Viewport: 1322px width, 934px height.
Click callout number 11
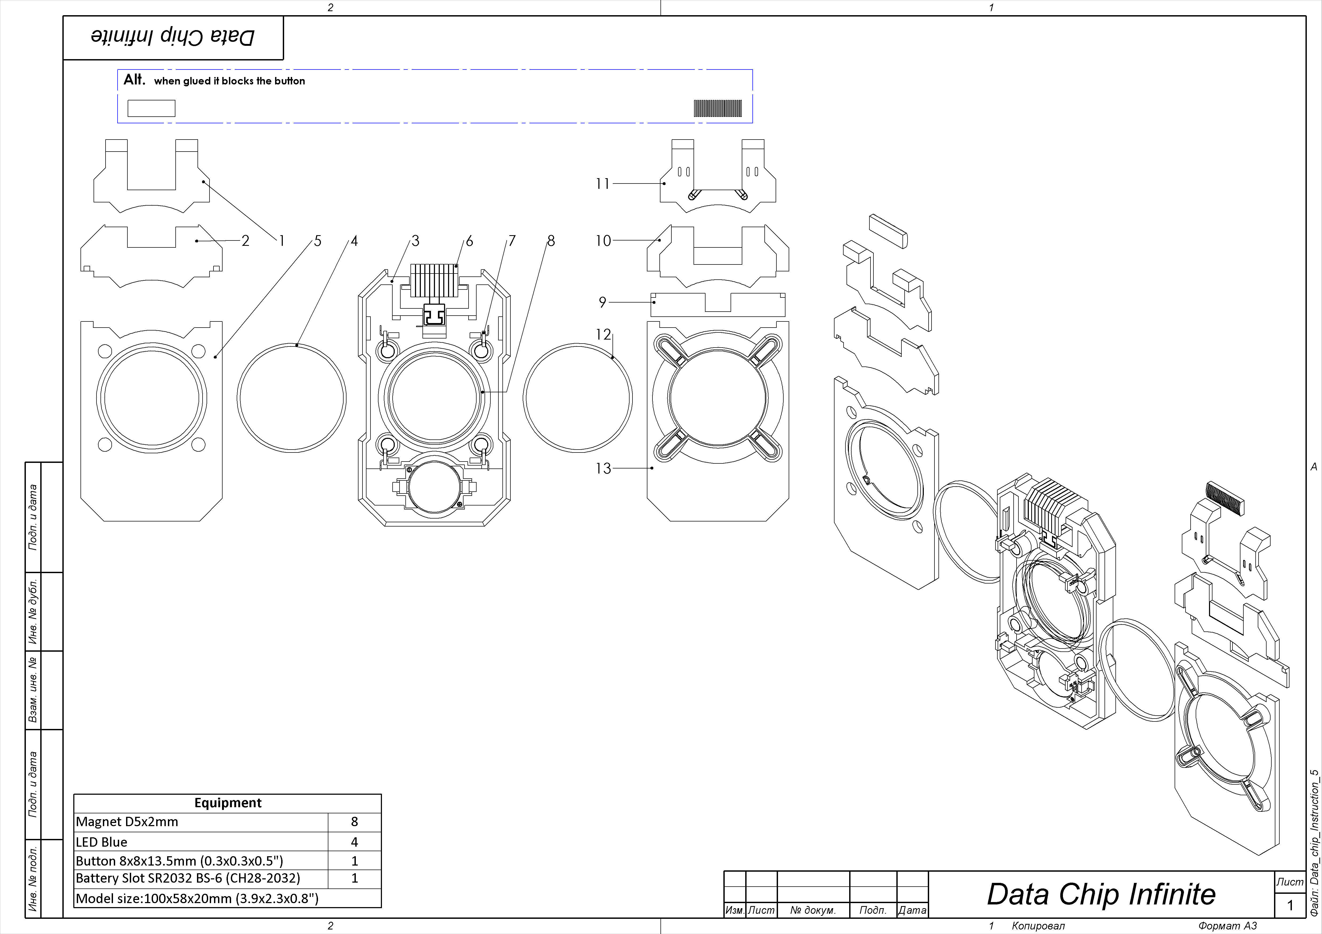[x=602, y=183]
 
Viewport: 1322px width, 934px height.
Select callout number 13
[x=603, y=468]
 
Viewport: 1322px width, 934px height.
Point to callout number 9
[x=602, y=302]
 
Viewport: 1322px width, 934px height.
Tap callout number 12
[x=603, y=334]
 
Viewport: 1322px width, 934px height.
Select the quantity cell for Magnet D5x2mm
[x=354, y=822]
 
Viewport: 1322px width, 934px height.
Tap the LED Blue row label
[x=102, y=842]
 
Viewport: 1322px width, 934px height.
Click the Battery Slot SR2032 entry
[x=188, y=878]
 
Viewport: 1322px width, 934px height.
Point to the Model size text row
[x=197, y=898]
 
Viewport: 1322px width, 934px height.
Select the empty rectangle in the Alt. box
[x=151, y=108]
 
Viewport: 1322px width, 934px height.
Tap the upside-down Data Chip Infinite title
[x=173, y=37]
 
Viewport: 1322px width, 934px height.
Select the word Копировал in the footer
[x=1038, y=926]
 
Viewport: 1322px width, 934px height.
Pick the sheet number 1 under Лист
[x=1290, y=905]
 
